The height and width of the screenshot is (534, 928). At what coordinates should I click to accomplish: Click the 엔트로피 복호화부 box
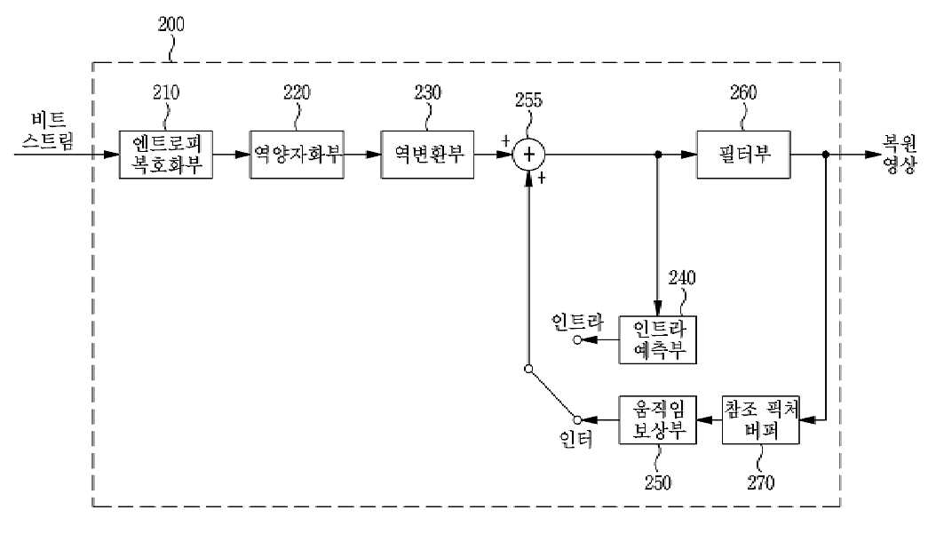coord(166,155)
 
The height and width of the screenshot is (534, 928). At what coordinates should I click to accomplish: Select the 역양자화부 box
coord(297,155)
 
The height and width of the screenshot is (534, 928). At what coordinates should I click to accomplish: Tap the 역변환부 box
coord(427,155)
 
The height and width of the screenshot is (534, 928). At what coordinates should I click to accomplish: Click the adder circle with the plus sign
coord(528,155)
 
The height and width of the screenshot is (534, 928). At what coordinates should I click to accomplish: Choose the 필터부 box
coord(743,155)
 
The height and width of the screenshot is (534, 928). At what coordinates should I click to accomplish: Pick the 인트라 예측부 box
coord(657,339)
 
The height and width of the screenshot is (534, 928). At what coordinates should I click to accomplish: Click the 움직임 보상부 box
coord(657,419)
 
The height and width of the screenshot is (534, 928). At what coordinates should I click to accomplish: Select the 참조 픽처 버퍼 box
coord(761,419)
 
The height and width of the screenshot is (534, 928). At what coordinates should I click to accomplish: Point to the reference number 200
coord(171,24)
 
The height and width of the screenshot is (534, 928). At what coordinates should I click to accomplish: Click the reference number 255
coord(528,100)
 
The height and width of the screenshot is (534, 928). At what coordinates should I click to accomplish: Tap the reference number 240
coord(682,277)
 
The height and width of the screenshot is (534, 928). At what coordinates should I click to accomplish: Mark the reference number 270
coord(760,482)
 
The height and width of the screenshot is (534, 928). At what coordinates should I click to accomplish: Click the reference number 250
coord(657,482)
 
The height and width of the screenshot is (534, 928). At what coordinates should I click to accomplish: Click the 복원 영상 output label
coord(900,154)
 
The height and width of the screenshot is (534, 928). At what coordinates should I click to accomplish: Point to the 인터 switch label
coord(575,439)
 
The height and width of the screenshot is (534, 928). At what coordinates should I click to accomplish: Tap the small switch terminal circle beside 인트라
coord(577,339)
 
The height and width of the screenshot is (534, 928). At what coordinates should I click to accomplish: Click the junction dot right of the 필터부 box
coord(826,155)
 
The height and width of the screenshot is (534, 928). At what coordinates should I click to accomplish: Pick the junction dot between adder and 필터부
coord(657,155)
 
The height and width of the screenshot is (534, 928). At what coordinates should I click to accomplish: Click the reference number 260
coord(743,92)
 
